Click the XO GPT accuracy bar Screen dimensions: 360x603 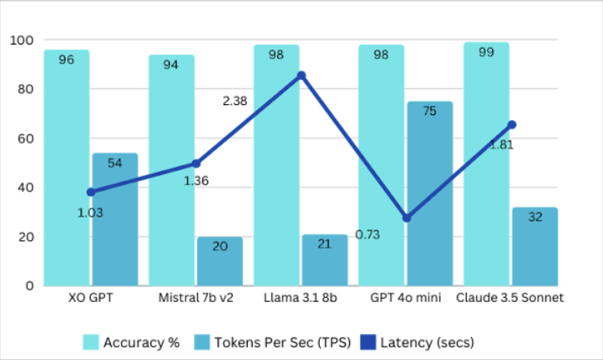pyautogui.click(x=67, y=168)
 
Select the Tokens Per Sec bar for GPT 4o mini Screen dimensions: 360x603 pyautogui.click(x=429, y=193)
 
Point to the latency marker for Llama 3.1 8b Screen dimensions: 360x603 pyautogui.click(x=301, y=76)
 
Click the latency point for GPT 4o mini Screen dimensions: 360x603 pyautogui.click(x=406, y=217)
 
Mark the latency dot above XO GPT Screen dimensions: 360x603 pyautogui.click(x=91, y=192)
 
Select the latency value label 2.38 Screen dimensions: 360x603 pyautogui.click(x=235, y=101)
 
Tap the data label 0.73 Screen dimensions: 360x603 pyautogui.click(x=368, y=234)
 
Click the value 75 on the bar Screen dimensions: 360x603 pyautogui.click(x=429, y=111)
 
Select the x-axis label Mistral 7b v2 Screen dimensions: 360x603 pyautogui.click(x=195, y=298)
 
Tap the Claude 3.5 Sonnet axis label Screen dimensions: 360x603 pyautogui.click(x=508, y=298)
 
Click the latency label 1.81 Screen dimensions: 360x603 pyautogui.click(x=501, y=143)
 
